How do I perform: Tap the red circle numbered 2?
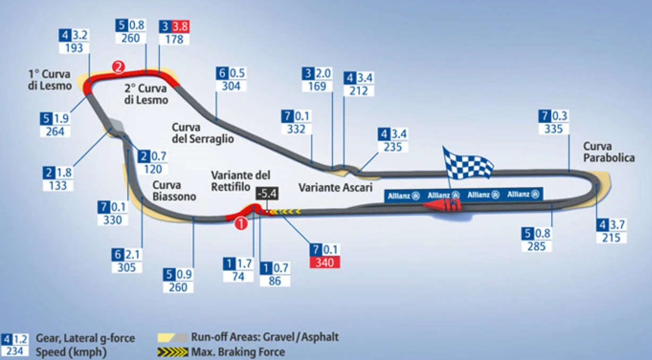118,67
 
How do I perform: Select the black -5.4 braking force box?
267,194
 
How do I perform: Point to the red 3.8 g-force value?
181,26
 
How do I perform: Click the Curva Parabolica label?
609,152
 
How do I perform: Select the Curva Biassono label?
174,191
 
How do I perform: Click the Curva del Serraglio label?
202,133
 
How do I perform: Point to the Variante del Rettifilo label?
241,181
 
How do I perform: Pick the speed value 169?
317,85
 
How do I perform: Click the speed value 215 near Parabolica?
611,238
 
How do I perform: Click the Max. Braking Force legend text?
239,352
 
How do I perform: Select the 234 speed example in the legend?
15,351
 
